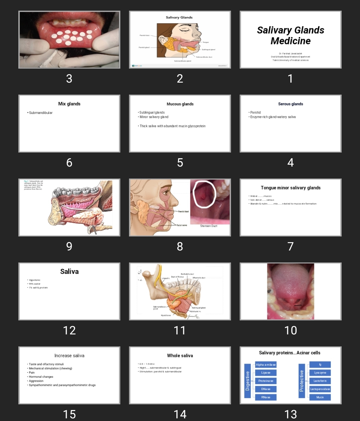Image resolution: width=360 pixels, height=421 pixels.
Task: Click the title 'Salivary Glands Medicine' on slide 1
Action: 290,35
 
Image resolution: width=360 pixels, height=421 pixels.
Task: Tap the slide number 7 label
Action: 290,246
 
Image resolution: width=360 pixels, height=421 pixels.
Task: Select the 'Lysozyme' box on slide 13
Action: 320,373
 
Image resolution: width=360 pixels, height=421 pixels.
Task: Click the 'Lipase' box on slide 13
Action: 266,373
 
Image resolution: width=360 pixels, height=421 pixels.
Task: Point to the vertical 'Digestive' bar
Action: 247,381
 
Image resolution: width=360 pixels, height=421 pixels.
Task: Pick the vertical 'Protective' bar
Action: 302,381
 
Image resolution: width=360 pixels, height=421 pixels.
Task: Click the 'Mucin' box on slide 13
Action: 320,397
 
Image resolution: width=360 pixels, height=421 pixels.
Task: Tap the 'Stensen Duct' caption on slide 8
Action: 209,226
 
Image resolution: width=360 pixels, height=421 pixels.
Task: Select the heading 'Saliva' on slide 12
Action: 69,271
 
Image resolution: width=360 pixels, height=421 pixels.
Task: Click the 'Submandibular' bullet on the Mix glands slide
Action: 41,113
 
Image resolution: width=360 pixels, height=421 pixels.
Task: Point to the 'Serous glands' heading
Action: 290,104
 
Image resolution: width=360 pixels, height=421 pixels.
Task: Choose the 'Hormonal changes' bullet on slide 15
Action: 41,377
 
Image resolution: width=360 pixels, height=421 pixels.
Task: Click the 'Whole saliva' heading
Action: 180,356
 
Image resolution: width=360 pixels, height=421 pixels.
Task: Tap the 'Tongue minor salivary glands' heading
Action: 290,188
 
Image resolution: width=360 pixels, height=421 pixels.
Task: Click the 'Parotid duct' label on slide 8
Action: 183,211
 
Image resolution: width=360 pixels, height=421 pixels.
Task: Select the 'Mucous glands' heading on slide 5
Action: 180,104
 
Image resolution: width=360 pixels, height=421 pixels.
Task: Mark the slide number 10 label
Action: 290,330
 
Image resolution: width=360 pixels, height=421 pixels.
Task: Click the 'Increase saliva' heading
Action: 69,356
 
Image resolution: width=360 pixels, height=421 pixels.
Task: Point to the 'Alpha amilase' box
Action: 266,365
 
